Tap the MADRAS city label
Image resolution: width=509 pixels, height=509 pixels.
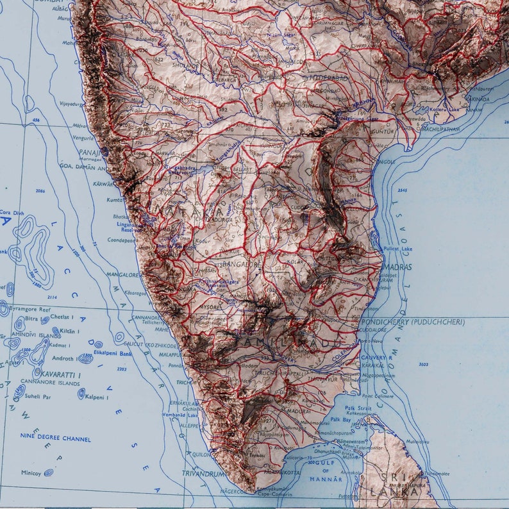397,267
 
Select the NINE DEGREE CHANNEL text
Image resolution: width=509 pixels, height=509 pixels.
56,439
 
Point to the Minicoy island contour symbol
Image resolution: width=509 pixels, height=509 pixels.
48,473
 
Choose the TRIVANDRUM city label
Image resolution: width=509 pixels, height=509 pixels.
204,474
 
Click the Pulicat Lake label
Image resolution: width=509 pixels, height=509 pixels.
398,247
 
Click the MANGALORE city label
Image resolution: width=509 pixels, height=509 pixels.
124,274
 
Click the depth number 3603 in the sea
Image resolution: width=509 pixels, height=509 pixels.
423,364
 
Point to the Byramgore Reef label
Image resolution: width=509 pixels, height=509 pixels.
26,308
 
